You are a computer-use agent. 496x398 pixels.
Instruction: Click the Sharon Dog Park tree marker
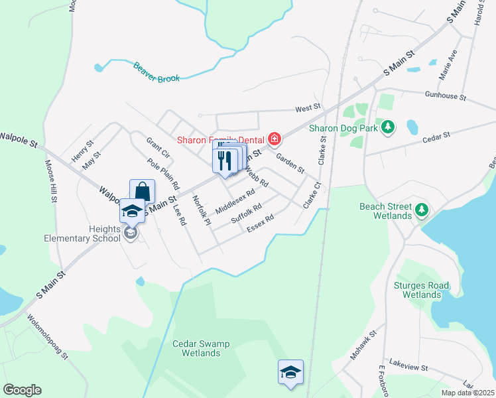coord(389,127)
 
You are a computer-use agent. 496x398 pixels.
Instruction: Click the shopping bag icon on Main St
coord(142,192)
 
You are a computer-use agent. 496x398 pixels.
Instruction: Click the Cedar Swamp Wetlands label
coord(196,348)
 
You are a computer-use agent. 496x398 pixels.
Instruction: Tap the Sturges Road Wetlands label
coord(422,290)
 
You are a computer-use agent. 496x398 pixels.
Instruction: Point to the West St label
coord(308,107)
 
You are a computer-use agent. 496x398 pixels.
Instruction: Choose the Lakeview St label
coord(409,367)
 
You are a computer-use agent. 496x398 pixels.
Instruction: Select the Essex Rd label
coord(260,224)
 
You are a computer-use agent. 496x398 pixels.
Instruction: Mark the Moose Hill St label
coord(51,181)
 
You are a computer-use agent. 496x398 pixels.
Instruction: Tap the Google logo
coord(22,390)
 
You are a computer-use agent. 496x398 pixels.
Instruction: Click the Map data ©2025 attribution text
coord(467,393)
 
